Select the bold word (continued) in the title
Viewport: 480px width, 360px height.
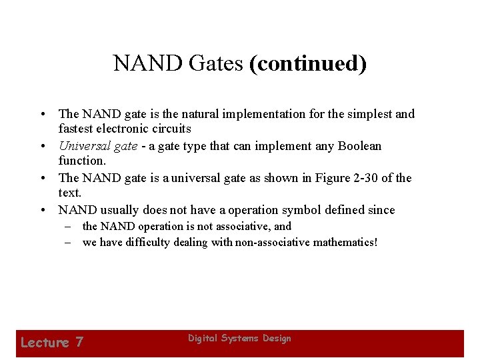[307, 63]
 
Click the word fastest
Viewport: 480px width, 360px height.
[79, 129]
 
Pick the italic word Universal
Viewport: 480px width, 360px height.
[85, 146]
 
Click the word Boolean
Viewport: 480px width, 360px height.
[358, 146]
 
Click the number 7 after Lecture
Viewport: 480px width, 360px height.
[79, 343]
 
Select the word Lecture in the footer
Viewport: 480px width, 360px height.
[45, 343]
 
